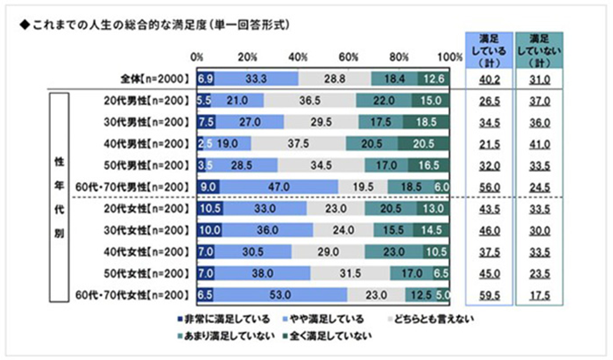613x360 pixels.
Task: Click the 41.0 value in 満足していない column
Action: coord(539,143)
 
